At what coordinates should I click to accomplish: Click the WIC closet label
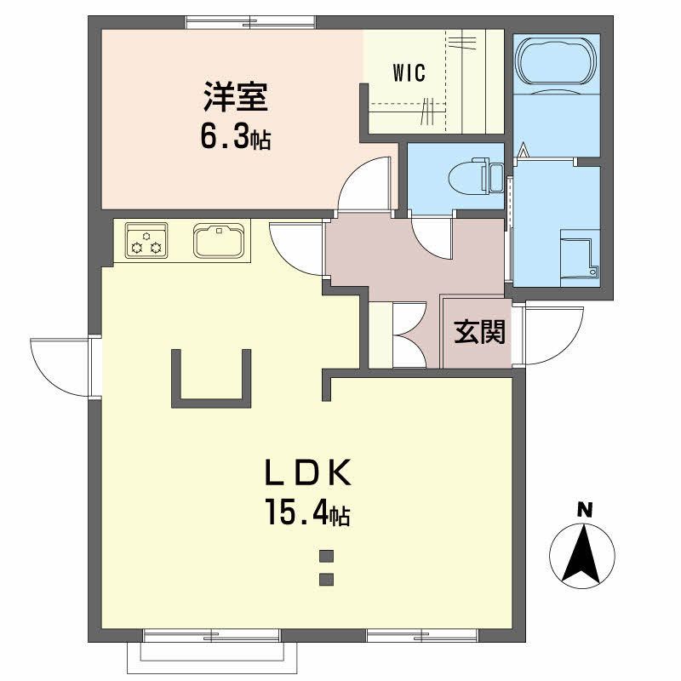pos(409,73)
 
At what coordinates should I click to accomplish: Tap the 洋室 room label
pos(236,96)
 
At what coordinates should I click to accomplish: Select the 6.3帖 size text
pos(236,135)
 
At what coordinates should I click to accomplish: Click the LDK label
pos(308,472)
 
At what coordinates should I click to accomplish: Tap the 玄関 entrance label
pos(480,332)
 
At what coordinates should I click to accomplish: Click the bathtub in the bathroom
pos(557,61)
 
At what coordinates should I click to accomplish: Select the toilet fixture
pos(476,177)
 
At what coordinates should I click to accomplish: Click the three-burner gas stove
pos(146,240)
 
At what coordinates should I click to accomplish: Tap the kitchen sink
pos(219,240)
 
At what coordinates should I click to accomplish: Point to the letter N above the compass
pos(585,510)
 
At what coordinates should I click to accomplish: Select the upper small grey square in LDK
pos(326,556)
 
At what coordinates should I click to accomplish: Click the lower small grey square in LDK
pos(326,580)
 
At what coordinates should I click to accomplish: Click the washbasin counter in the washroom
pos(580,258)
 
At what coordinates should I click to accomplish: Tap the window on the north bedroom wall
pos(250,22)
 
